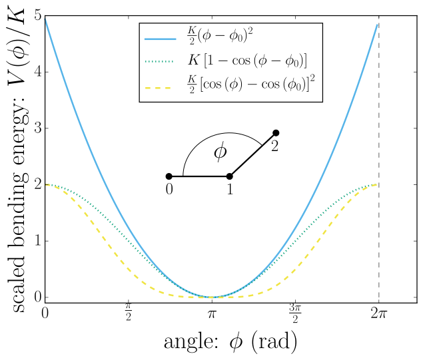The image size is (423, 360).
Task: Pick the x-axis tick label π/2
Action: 129,313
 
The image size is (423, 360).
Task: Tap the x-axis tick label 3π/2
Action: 295,313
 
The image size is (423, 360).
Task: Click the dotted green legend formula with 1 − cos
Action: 246,62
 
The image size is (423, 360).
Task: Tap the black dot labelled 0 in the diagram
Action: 169,176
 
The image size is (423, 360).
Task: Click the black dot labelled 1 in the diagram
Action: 230,176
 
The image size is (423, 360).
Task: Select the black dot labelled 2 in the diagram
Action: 276,133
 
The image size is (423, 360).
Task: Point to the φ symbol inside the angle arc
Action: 220,152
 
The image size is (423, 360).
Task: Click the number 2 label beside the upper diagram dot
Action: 274,146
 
